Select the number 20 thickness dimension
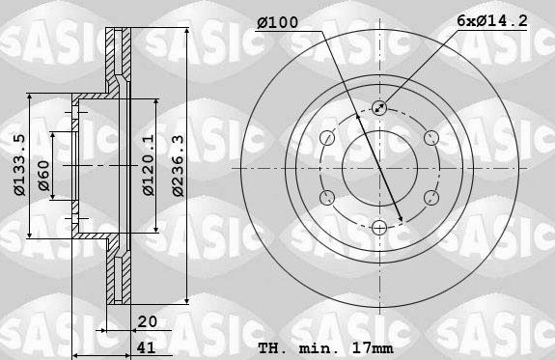click(x=148, y=323)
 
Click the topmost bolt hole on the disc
click(x=379, y=109)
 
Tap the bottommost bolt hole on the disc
click(x=379, y=227)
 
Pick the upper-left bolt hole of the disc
click(x=328, y=139)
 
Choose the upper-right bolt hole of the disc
click(x=430, y=139)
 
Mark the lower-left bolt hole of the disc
click(x=328, y=198)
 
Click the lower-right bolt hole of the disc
click(x=430, y=198)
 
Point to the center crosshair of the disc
click(x=379, y=168)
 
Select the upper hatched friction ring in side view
click(x=120, y=63)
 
